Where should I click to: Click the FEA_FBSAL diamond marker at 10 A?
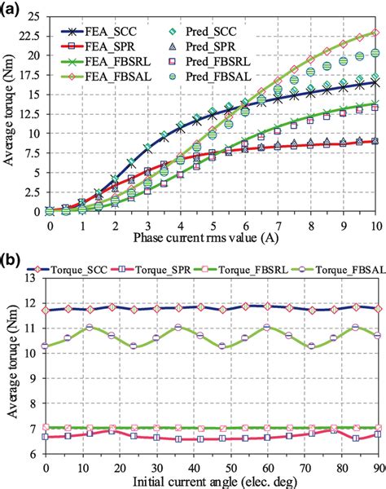[375, 32]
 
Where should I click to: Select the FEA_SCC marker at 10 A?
[375, 82]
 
